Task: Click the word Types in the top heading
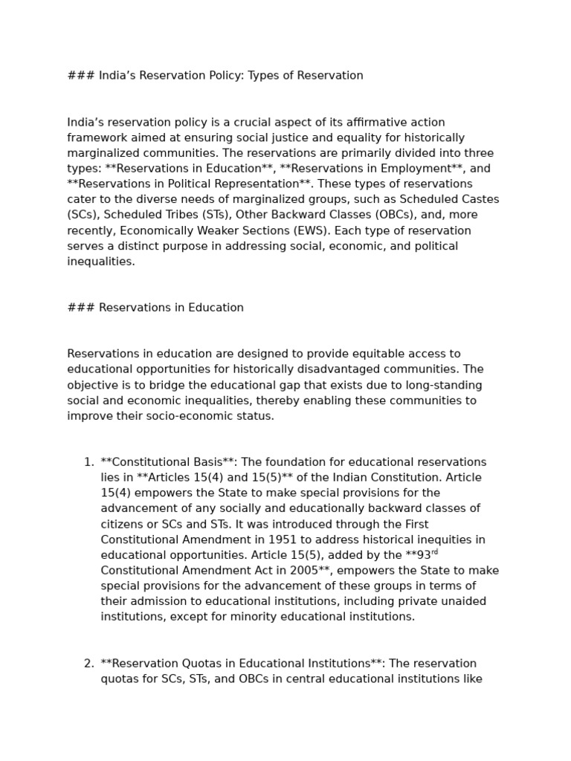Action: tap(263, 76)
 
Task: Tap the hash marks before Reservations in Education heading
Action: tap(80, 308)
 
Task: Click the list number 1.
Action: tap(88, 462)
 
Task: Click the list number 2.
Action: tap(88, 664)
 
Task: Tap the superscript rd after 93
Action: tap(434, 552)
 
